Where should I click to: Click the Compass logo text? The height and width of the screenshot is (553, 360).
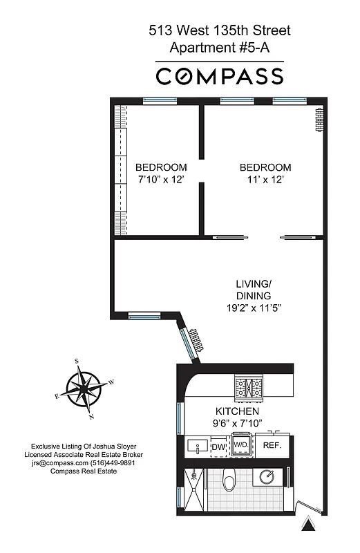220,76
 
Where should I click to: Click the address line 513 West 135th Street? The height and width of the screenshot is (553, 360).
220,30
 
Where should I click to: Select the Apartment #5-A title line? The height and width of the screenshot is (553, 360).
220,48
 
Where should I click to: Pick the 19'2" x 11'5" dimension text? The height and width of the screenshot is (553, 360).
254,308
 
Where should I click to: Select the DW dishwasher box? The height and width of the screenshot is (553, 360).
218,447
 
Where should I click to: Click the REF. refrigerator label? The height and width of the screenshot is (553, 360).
272,447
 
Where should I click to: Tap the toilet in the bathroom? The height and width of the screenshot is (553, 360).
230,478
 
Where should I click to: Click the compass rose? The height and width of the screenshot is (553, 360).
83,389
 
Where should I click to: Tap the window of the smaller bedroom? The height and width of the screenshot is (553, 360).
160,101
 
